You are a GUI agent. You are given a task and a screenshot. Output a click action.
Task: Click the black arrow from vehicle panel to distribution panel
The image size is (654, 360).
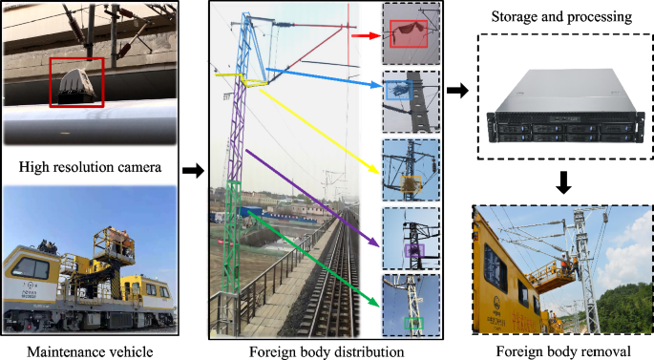tap(193, 171)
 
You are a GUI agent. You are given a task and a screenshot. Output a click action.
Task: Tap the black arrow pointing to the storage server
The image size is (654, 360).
tap(457, 93)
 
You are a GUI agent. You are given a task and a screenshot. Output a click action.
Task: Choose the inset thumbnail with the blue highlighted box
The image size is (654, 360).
tap(411, 100)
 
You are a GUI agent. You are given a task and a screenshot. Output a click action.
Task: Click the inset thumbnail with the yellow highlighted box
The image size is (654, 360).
tap(411, 169)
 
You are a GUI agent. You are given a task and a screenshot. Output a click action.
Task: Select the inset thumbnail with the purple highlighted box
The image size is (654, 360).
tap(411, 238)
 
